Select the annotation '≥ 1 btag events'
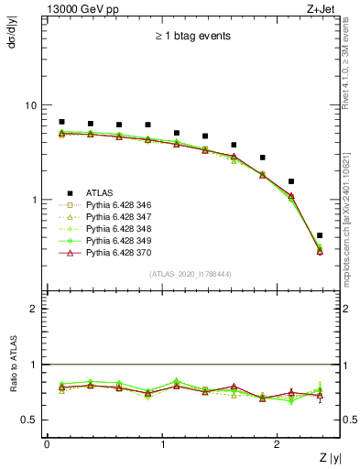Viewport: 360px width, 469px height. (192, 37)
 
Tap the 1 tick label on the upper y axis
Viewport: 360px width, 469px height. (35, 200)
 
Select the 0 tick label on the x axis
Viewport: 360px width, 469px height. (47, 445)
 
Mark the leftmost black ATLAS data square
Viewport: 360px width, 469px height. (61, 122)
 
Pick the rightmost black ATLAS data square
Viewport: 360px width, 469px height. (320, 235)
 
